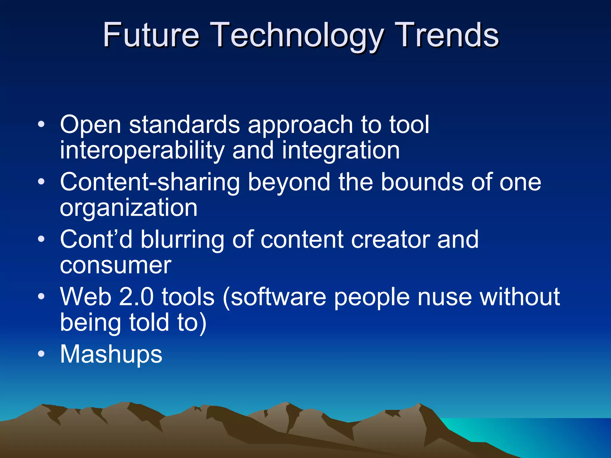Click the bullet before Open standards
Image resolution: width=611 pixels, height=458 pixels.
point(41,124)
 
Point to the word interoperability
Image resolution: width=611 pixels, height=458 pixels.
point(142,151)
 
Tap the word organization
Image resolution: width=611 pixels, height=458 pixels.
point(129,208)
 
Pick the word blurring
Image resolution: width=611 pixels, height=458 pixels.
point(182,240)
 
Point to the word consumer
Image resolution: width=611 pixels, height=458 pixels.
point(116,265)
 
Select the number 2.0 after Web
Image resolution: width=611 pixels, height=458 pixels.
point(136,297)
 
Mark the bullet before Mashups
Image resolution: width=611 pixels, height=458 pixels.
point(41,354)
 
